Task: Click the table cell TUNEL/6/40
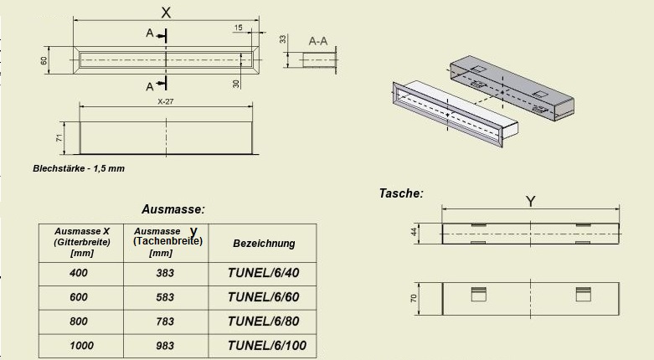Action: pos(263,273)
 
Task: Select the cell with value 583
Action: pos(165,297)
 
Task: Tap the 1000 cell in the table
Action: pos(81,346)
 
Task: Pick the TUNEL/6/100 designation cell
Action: pos(267,346)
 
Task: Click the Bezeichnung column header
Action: pos(264,243)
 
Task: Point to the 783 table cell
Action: pos(165,321)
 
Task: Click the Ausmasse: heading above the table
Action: pos(173,209)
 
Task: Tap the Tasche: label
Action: pos(401,193)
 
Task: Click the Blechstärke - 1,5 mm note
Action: pos(79,168)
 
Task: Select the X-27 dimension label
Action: pos(166,101)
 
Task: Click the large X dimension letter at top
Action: pos(166,13)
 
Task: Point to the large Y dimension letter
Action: pos(530,202)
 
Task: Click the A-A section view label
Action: pos(318,41)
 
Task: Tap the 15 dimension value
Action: pos(238,28)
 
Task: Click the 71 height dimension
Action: pos(59,137)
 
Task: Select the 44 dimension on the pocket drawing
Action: pos(414,232)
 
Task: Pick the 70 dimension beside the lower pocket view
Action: pos(414,298)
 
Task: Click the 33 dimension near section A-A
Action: pos(283,39)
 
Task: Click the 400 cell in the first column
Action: pos(79,273)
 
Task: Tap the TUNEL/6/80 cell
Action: pos(263,321)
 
